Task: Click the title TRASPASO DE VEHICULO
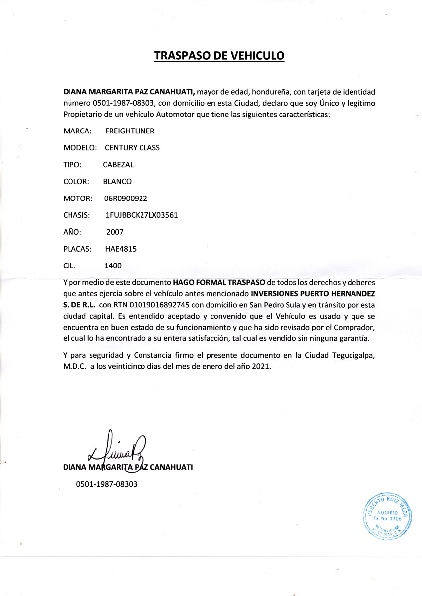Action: click(219, 55)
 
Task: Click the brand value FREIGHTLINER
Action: click(130, 132)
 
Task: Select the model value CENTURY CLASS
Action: click(132, 148)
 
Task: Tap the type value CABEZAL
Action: click(118, 165)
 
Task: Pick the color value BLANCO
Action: click(117, 182)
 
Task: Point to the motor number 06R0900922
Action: click(126, 199)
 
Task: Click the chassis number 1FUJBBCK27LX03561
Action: click(142, 215)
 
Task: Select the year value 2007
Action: click(115, 232)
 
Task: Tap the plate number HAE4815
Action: click(121, 249)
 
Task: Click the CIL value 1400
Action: click(113, 265)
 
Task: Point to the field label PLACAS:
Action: click(77, 249)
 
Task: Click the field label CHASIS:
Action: click(76, 215)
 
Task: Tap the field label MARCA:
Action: click(77, 132)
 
